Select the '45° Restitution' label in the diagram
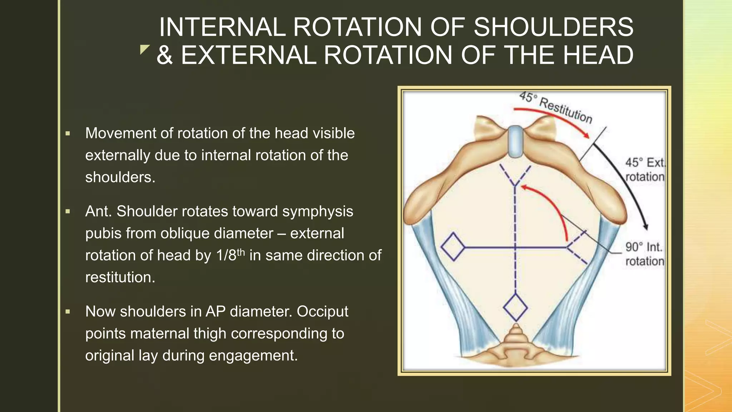click(555, 107)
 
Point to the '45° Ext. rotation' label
click(644, 170)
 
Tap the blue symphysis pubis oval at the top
click(515, 142)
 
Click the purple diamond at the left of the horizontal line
click(453, 246)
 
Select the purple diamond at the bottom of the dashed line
click(515, 307)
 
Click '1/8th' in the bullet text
click(230, 255)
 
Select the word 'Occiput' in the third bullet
click(322, 312)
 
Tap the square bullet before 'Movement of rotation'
click(68, 134)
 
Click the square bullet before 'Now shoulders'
click(68, 312)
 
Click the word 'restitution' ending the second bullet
click(120, 277)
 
